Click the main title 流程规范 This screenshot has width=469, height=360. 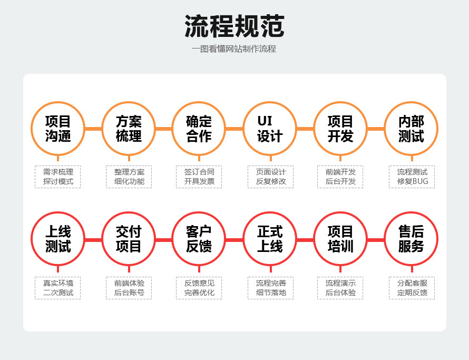tap(234, 26)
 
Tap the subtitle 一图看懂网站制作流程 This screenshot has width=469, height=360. tap(234, 49)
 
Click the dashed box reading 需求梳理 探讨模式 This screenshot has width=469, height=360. tap(58, 177)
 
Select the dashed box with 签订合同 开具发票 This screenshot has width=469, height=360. tap(199, 177)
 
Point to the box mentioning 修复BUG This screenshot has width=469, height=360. tap(412, 177)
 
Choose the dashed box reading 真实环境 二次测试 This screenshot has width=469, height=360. tap(58, 288)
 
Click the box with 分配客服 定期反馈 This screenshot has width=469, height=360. tap(412, 288)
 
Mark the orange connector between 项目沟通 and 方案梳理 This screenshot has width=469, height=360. tap(93, 129)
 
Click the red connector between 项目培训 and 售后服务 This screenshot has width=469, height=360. tap(376, 240)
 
